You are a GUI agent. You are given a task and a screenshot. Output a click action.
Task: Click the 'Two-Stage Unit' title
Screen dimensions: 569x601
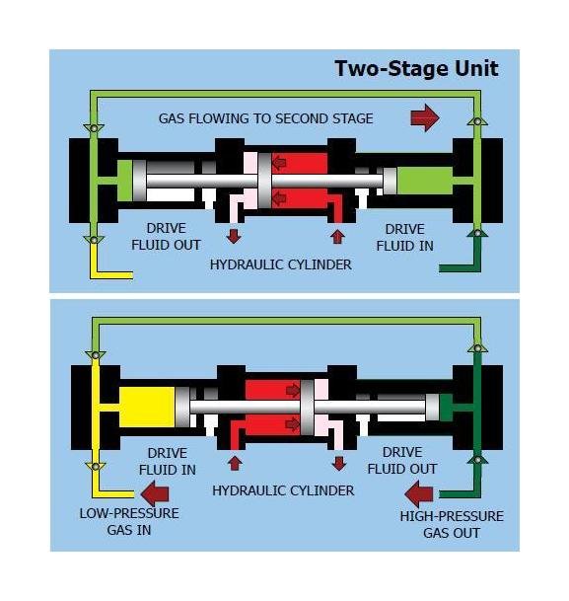click(416, 69)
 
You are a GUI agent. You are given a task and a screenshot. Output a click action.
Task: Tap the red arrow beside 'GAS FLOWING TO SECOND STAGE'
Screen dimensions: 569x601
click(425, 117)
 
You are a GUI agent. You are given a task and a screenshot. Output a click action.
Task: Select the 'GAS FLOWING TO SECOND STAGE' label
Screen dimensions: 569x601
click(265, 118)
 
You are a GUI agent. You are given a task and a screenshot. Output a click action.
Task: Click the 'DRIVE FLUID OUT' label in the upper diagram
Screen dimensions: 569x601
click(166, 237)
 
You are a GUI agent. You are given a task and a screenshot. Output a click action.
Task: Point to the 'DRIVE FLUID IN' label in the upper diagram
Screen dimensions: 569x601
click(404, 238)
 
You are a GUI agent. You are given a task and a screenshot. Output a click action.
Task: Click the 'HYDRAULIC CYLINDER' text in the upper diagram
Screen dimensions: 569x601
click(281, 264)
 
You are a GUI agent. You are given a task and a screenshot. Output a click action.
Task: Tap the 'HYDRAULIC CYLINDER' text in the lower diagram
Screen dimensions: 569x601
click(283, 490)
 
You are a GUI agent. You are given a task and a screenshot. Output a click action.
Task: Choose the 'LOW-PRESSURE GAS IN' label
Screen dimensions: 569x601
click(129, 522)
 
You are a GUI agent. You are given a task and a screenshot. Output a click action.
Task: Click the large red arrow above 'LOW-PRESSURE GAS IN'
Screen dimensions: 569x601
click(155, 493)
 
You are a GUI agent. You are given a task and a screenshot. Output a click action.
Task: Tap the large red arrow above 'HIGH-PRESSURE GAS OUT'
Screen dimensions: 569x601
click(419, 494)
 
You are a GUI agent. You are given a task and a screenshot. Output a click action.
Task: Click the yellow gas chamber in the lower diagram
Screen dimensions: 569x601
click(147, 407)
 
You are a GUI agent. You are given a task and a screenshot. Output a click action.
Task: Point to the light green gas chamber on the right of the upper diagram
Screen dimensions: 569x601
click(424, 181)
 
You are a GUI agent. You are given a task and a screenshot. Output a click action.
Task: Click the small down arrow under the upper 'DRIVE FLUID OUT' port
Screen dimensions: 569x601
click(234, 236)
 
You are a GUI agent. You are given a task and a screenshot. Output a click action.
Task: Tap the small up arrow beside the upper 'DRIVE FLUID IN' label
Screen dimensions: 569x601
click(337, 237)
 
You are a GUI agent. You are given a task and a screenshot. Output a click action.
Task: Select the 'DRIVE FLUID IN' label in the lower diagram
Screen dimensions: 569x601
click(168, 461)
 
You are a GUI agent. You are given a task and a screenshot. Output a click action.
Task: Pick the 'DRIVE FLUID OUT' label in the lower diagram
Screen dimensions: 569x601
click(402, 460)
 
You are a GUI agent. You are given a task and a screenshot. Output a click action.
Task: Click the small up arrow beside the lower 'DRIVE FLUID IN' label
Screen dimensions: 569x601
click(235, 463)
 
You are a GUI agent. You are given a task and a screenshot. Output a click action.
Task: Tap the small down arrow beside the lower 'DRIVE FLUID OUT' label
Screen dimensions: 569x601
click(339, 464)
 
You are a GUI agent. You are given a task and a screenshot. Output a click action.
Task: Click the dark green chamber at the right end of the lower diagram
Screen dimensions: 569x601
click(446, 407)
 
